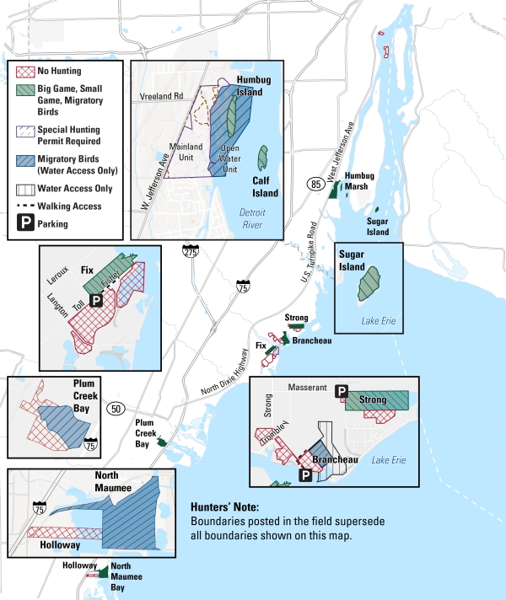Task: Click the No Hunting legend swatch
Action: click(24, 72)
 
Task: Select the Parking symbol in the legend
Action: click(24, 224)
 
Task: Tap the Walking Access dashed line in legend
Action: click(24, 206)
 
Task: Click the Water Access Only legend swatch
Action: click(24, 189)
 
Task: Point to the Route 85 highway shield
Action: click(315, 183)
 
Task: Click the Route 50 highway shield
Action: click(116, 409)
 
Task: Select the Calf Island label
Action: click(265, 186)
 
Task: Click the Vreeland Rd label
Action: click(162, 97)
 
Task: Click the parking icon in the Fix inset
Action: click(96, 300)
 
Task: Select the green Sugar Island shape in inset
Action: click(369, 284)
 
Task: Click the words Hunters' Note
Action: click(225, 506)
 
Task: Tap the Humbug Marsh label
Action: click(358, 180)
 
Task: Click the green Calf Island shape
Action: click(263, 157)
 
